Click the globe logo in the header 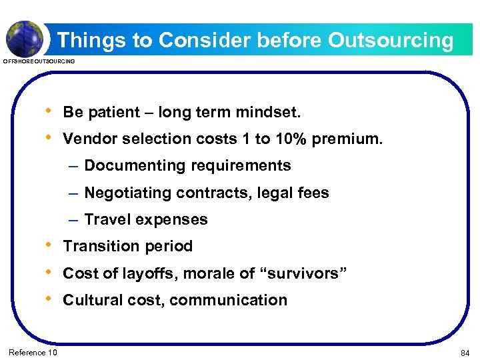pos(25,37)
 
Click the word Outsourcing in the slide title pos(390,41)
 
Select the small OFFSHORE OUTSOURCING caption pos(39,62)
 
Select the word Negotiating pos(128,193)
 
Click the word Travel pos(105,219)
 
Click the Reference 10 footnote pos(33,352)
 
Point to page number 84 pos(465,352)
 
